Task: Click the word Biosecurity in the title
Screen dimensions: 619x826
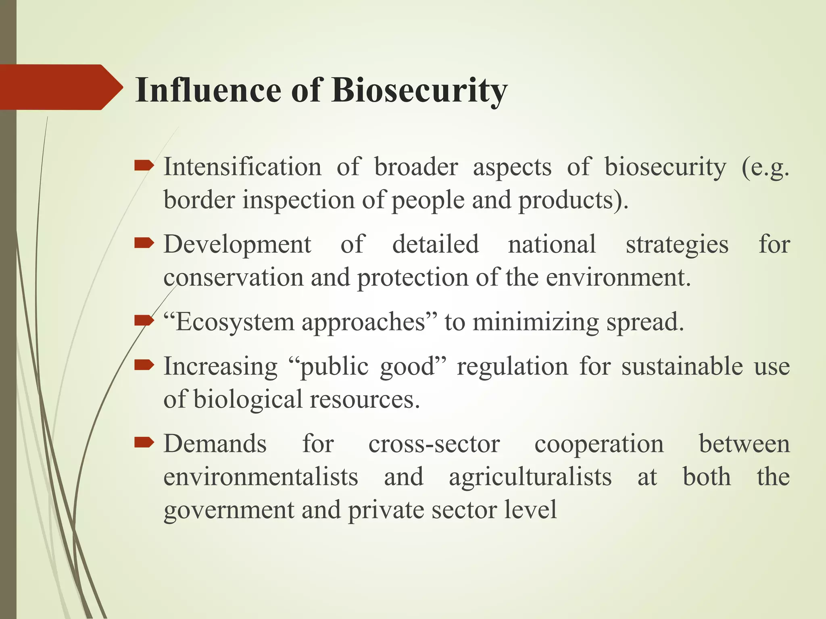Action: coord(419,90)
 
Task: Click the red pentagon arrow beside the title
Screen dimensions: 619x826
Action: coord(60,87)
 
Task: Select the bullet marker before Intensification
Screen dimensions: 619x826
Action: coord(144,165)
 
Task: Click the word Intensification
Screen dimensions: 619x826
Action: coord(242,167)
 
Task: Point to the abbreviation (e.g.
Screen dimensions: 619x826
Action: coord(765,168)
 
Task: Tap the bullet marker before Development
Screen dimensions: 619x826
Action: coord(144,243)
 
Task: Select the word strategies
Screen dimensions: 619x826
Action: coord(677,245)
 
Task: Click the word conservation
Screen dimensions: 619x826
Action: coord(233,278)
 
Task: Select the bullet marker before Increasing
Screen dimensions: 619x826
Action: coord(144,365)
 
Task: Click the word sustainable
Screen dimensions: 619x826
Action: coord(682,366)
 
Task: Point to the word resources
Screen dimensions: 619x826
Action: coord(365,400)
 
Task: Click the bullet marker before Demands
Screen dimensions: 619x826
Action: coord(144,442)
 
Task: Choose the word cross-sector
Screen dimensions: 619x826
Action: coord(434,444)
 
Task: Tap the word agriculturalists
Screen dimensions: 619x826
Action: coord(530,478)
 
